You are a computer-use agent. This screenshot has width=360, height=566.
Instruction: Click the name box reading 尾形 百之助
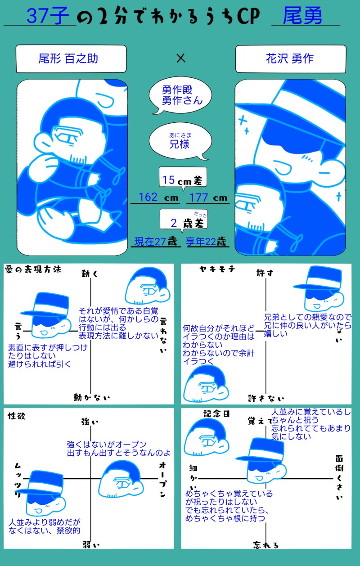71,59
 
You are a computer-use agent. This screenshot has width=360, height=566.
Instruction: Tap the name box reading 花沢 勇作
291,59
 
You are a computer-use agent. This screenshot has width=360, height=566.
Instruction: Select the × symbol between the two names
181,58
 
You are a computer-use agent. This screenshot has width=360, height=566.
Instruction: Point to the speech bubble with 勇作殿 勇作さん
180,95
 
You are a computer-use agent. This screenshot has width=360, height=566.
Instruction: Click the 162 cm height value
158,198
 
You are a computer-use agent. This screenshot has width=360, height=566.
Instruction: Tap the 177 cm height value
208,198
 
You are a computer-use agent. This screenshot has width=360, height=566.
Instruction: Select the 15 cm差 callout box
183,178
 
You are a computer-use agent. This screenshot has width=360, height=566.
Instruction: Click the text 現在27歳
156,242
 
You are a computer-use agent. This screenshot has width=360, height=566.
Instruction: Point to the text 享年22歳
206,242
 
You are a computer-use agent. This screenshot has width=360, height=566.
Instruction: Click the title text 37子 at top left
48,16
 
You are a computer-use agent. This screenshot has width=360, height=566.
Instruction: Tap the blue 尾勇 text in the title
302,16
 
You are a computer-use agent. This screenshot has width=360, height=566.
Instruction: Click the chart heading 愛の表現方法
33,270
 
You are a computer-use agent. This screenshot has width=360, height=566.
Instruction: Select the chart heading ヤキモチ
217,270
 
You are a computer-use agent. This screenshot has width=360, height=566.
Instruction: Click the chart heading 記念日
216,413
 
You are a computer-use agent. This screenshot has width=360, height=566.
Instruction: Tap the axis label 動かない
92,397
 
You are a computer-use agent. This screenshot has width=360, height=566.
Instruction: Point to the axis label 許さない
266,399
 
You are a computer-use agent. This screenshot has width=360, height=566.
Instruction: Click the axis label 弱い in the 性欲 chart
91,545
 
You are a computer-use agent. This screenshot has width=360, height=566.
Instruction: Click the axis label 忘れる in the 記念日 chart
266,545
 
